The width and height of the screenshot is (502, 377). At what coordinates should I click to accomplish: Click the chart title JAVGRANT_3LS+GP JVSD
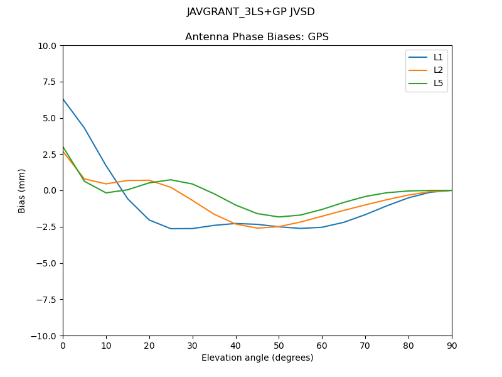click(x=250, y=12)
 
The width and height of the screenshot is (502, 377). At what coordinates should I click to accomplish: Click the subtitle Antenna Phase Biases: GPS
click(x=257, y=37)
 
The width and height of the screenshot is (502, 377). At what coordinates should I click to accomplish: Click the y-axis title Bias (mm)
click(x=22, y=190)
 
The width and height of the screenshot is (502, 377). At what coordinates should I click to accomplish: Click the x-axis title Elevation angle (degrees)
click(x=257, y=358)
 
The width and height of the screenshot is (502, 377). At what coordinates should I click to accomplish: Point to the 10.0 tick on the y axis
click(x=47, y=46)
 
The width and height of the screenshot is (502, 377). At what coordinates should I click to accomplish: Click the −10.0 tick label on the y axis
click(x=44, y=336)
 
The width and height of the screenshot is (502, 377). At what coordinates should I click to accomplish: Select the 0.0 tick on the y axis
click(x=49, y=190)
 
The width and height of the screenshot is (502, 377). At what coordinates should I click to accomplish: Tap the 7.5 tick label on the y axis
click(x=49, y=82)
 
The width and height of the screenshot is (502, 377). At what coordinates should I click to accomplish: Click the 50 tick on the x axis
click(x=279, y=345)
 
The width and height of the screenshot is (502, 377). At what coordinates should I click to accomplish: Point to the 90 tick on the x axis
click(x=452, y=345)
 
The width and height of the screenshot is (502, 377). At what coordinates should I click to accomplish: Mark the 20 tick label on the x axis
click(x=149, y=345)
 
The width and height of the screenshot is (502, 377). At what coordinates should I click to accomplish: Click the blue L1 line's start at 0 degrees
click(x=63, y=99)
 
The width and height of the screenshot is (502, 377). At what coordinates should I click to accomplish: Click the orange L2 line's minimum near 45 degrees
click(x=257, y=228)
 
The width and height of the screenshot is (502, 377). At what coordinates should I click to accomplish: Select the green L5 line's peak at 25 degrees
click(x=171, y=180)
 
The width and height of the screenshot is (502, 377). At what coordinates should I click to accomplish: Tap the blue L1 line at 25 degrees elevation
click(x=171, y=229)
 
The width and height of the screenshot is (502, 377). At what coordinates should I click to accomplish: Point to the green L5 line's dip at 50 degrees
click(x=279, y=217)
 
